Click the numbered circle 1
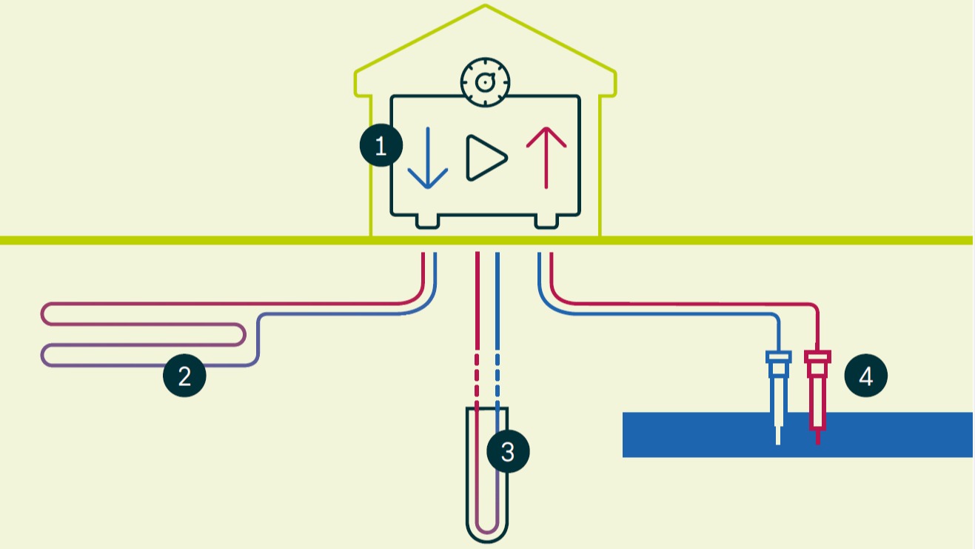pyautogui.click(x=381, y=145)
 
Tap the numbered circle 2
pyautogui.click(x=184, y=376)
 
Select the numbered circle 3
pyautogui.click(x=508, y=451)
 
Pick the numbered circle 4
pyautogui.click(x=865, y=376)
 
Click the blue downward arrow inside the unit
pyautogui.click(x=428, y=158)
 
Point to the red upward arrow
pyautogui.click(x=546, y=158)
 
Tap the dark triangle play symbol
pyautogui.click(x=486, y=158)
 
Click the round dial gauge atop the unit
pyautogui.click(x=485, y=82)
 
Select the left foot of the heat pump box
pyautogui.click(x=427, y=222)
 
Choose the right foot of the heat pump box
pyautogui.click(x=546, y=222)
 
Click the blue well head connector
pyautogui.click(x=778, y=365)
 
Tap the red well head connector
pyautogui.click(x=818, y=365)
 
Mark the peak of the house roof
pyautogui.click(x=486, y=5)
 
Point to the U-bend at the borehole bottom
pyautogui.click(x=487, y=528)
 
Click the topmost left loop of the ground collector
pyautogui.click(x=42, y=313)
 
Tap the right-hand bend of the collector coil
pyautogui.click(x=244, y=335)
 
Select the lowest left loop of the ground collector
pyautogui.click(x=42, y=356)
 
